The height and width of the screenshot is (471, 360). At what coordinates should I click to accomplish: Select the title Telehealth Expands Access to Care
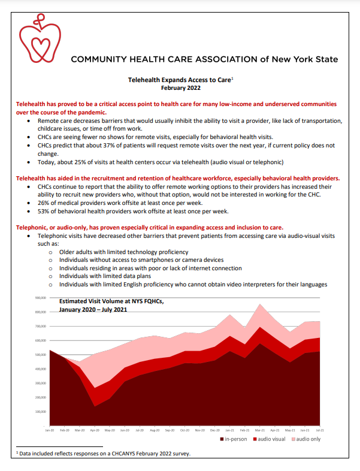point(179,79)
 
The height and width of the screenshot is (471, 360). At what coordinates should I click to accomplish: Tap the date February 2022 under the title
point(180,88)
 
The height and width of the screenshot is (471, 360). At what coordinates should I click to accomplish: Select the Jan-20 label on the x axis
point(49,431)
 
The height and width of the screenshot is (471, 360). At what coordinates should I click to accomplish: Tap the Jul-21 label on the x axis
point(320,431)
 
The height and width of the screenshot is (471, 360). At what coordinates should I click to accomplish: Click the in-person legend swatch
point(222,439)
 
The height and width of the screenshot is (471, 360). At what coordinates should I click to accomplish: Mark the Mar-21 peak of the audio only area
point(259,306)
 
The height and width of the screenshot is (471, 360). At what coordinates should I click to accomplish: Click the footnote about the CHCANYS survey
point(101,453)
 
